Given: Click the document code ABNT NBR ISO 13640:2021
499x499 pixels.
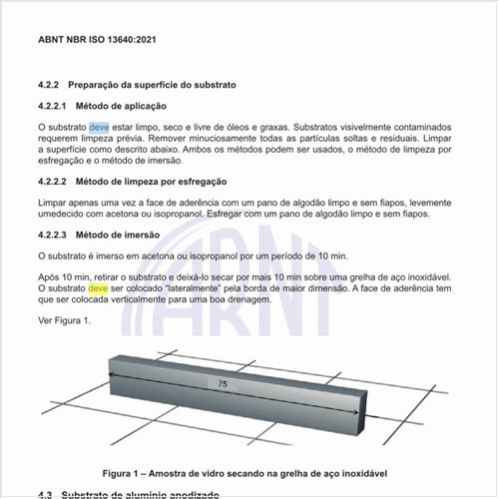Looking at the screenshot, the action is pyautogui.click(x=100, y=40).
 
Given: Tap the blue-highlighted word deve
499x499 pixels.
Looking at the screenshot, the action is pyautogui.click(x=99, y=128).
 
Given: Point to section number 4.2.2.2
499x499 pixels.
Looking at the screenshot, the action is pyautogui.click(x=56, y=182).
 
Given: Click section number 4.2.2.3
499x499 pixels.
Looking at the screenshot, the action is pyautogui.click(x=56, y=236).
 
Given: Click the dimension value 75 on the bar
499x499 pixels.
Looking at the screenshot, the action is pyautogui.click(x=221, y=383).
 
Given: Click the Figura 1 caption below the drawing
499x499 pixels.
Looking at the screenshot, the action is pyautogui.click(x=244, y=471).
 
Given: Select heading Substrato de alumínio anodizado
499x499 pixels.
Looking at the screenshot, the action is pyautogui.click(x=149, y=494).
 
